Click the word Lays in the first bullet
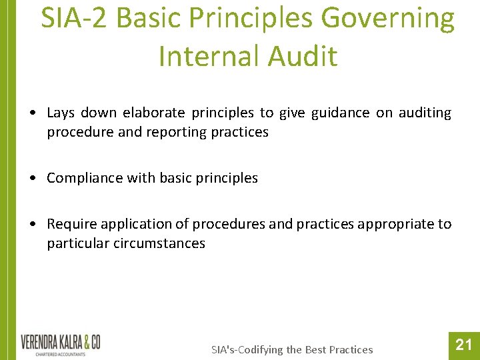click(61, 113)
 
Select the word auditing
click(425, 113)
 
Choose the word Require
click(71, 224)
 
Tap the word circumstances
click(159, 243)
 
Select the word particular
click(75, 243)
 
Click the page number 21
click(463, 345)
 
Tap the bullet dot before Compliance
click(33, 178)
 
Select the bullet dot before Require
click(33, 224)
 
